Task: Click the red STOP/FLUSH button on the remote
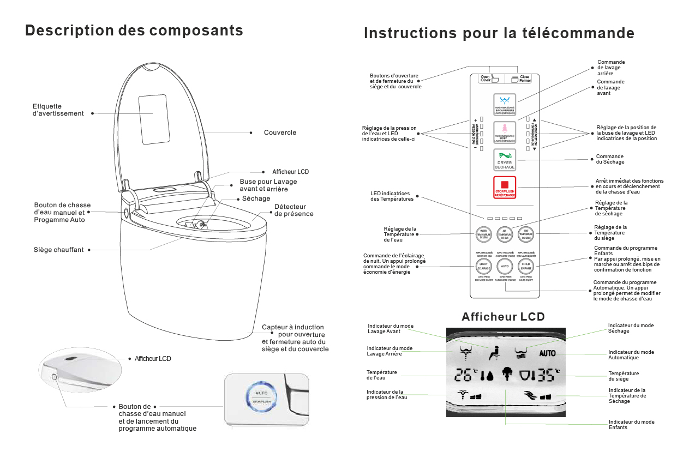pyautogui.click(x=505, y=188)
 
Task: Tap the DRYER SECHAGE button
pyautogui.click(x=505, y=160)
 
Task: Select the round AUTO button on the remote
pyautogui.click(x=505, y=266)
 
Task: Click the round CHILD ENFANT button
pyautogui.click(x=526, y=266)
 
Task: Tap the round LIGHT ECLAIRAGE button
pyautogui.click(x=483, y=266)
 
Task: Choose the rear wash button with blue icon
pyautogui.click(x=505, y=104)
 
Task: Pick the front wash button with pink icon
pyautogui.click(x=505, y=131)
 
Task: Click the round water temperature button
pyautogui.click(x=483, y=234)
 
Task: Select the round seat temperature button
pyautogui.click(x=526, y=234)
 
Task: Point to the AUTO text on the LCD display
pyautogui.click(x=547, y=353)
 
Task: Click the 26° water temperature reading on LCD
pyautogui.click(x=465, y=375)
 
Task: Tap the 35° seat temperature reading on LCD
pyautogui.click(x=546, y=375)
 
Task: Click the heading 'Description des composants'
pyautogui.click(x=134, y=31)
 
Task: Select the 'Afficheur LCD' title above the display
pyautogui.click(x=503, y=317)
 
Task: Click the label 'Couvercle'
pyautogui.click(x=280, y=132)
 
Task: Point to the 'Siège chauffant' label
pyautogui.click(x=59, y=250)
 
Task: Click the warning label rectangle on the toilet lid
pyautogui.click(x=152, y=112)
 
